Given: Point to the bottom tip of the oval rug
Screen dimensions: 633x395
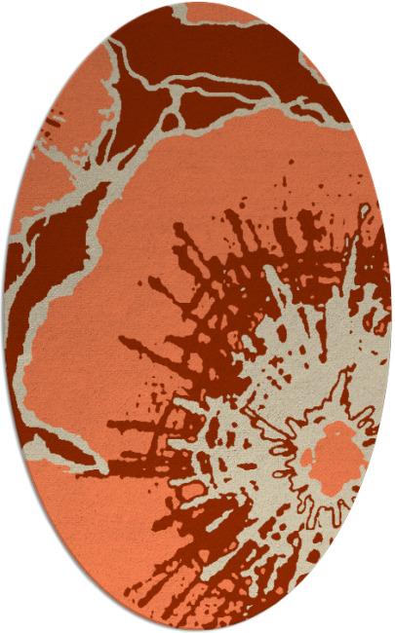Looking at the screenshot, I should tap(198, 630).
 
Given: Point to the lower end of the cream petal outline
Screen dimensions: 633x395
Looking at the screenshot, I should tap(98, 468).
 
